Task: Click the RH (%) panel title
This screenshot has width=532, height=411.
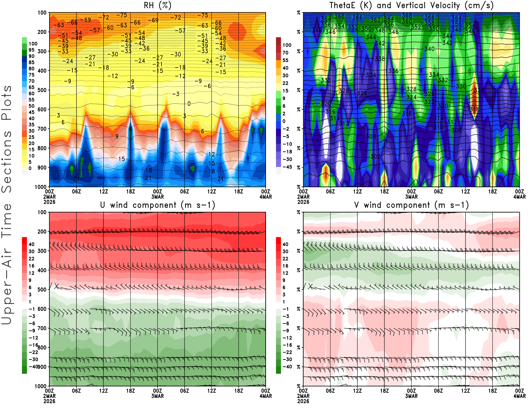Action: tap(157, 5)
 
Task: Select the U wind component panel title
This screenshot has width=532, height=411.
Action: tap(157, 205)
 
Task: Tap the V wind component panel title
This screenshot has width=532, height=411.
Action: tap(411, 205)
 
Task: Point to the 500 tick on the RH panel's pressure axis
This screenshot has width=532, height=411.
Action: tap(42, 90)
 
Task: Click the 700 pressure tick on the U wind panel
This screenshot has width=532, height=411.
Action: tap(42, 329)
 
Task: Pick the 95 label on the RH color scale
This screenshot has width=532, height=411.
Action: tap(31, 50)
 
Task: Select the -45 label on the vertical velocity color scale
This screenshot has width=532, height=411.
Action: tap(287, 167)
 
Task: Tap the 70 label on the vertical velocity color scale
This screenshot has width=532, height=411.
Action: tap(285, 53)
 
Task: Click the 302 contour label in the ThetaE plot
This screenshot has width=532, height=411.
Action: tap(375, 156)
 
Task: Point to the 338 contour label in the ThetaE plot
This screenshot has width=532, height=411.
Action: tap(380, 59)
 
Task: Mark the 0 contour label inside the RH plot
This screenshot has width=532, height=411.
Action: tap(189, 104)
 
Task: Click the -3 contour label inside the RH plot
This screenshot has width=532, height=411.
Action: tap(178, 94)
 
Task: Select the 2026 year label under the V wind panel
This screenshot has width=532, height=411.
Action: tap(303, 401)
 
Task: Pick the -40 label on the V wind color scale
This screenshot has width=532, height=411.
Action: tap(287, 367)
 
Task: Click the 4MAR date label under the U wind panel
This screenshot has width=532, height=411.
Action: tap(266, 396)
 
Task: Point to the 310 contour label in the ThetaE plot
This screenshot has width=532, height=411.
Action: tap(438, 127)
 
